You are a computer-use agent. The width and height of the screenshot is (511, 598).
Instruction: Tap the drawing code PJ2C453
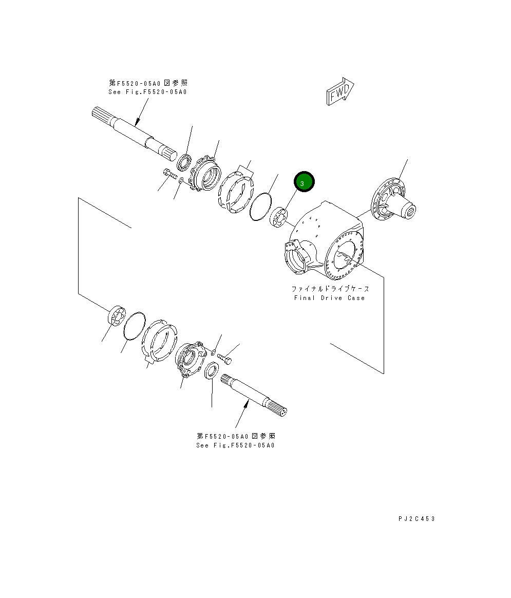(x=416, y=519)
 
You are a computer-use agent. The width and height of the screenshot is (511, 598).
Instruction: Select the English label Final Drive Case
(x=329, y=298)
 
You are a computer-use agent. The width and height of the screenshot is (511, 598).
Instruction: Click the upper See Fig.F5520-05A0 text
(x=147, y=92)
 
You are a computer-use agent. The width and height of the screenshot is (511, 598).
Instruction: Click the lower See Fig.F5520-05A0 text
(x=235, y=445)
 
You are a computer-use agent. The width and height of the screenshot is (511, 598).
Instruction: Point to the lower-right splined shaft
(x=255, y=395)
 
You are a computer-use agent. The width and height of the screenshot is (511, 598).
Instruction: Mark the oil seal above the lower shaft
(x=211, y=371)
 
